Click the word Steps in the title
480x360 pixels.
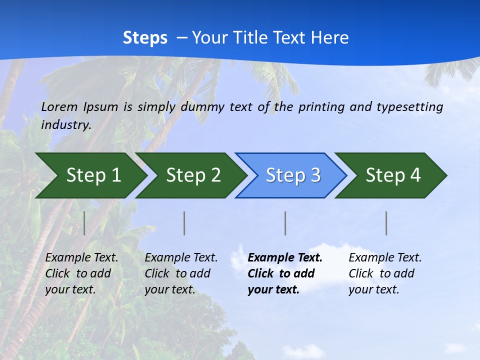tap(145, 38)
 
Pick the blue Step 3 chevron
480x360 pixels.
tap(293, 175)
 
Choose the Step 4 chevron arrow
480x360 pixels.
tap(393, 175)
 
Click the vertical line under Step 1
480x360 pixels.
tap(84, 223)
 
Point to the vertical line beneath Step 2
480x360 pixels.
tap(184, 223)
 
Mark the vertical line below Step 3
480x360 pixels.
tap(285, 223)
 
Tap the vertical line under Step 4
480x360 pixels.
tap(386, 223)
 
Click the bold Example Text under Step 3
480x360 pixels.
tap(285, 273)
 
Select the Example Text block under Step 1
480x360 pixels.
tap(81, 273)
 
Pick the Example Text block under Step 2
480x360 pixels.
tap(181, 273)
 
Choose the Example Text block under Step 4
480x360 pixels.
tap(385, 273)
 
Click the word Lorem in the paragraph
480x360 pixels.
tap(59, 106)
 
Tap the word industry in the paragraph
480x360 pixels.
tap(65, 125)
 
